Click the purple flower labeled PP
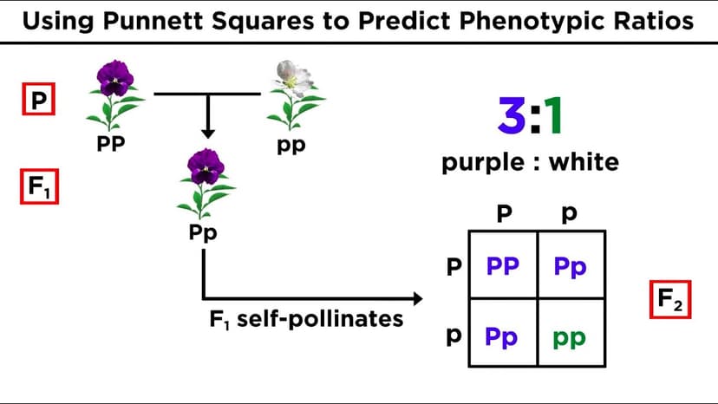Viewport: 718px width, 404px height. tap(114, 94)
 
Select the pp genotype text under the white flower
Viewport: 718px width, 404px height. tap(291, 146)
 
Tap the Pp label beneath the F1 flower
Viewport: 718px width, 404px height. tap(203, 233)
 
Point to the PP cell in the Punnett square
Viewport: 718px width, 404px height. tap(502, 266)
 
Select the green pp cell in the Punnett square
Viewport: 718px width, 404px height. tap(570, 336)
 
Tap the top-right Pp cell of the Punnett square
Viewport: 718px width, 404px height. tap(570, 266)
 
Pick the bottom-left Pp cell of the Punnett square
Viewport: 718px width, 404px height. tap(502, 336)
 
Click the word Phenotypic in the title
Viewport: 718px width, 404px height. tap(488, 22)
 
